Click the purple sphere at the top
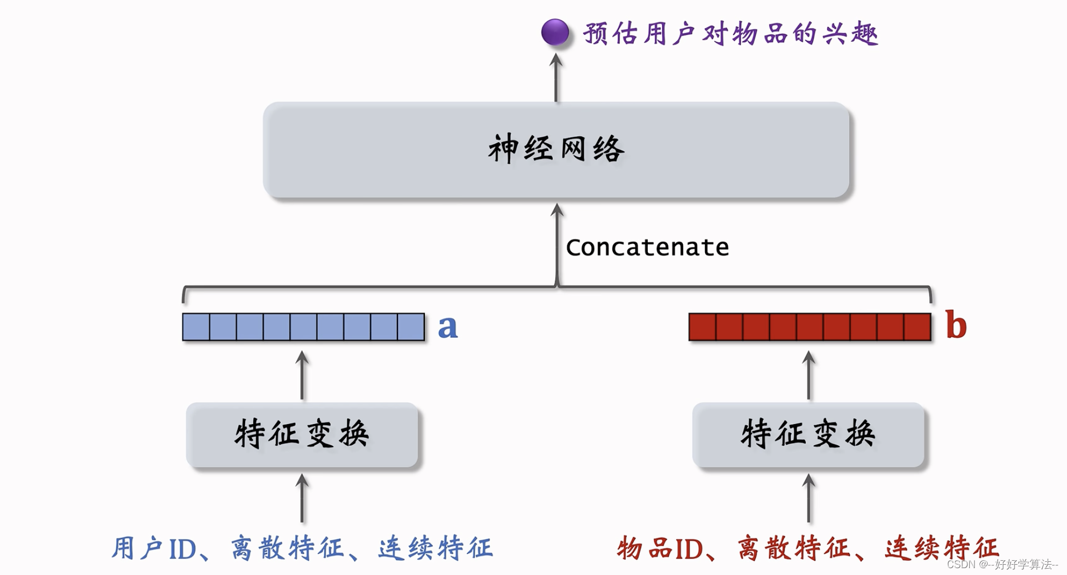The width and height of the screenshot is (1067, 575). [555, 32]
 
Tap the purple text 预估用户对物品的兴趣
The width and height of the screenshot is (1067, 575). [730, 34]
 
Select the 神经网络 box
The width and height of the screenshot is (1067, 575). [556, 150]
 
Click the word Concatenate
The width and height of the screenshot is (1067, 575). [647, 247]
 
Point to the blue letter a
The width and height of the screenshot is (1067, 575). [448, 327]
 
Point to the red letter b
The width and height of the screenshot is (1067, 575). [955, 325]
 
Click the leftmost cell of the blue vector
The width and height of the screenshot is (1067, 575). [196, 327]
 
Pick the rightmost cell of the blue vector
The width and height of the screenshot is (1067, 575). [411, 327]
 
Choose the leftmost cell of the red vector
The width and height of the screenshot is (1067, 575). [703, 327]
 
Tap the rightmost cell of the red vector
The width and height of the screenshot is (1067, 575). [917, 327]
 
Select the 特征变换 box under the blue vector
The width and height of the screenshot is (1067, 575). [302, 434]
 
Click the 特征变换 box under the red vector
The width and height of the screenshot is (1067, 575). [808, 434]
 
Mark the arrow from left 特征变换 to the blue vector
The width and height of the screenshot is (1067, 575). [302, 376]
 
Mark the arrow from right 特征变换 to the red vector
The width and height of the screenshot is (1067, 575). [809, 376]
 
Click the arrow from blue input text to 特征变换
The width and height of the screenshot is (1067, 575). [302, 498]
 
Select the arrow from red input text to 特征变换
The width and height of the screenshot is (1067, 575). [809, 498]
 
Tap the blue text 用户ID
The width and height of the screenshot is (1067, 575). [154, 549]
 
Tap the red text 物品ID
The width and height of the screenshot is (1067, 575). [660, 549]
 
